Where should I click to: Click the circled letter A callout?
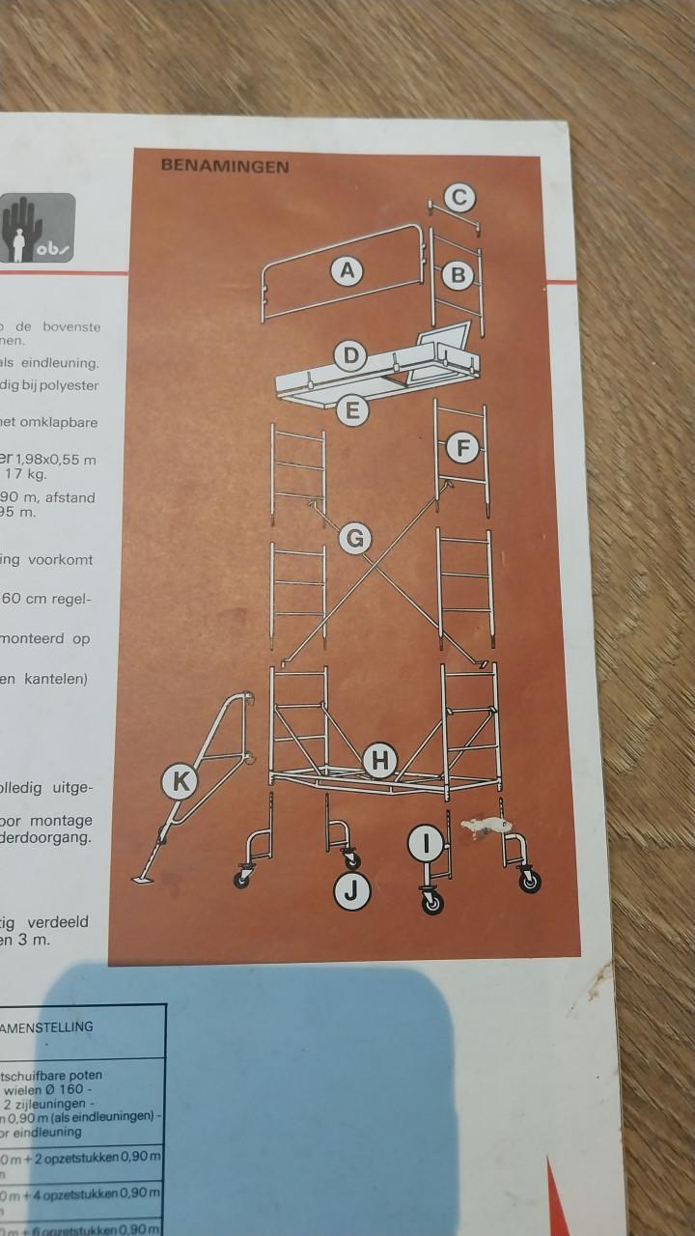tap(347, 271)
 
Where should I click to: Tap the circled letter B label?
tap(459, 276)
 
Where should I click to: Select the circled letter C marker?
tap(460, 198)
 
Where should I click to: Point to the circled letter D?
tap(351, 356)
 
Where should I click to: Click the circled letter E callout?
tap(352, 410)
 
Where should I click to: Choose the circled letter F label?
tap(463, 449)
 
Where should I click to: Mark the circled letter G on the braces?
tap(355, 538)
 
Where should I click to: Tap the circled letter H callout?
tap(379, 761)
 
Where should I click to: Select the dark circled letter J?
tap(351, 892)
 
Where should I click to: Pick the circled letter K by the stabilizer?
tap(180, 781)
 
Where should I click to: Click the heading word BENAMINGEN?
tap(225, 166)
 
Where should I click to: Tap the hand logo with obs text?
tap(37, 228)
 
